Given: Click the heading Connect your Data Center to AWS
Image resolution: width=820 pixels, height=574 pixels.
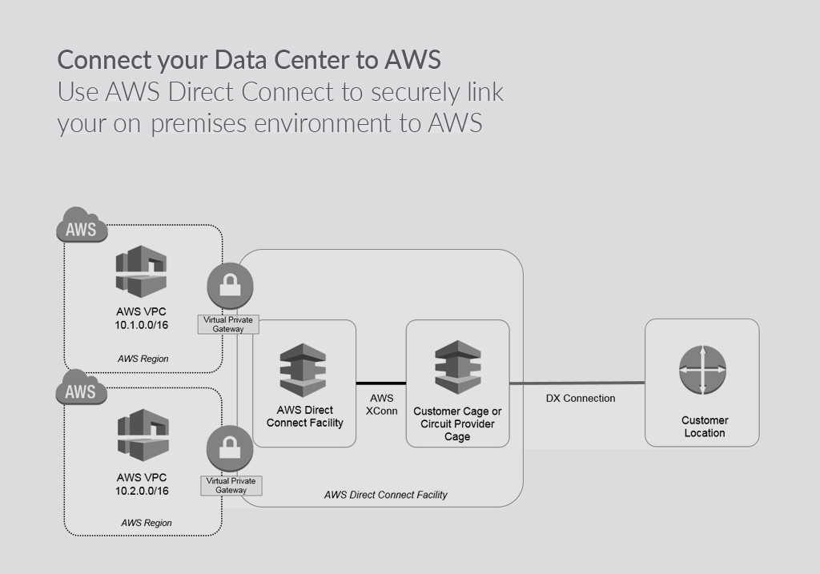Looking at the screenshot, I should [x=248, y=60].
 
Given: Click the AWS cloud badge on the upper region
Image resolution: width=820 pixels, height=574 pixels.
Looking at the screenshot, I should [x=82, y=228].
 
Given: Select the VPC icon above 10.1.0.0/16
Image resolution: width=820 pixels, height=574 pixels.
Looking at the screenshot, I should [x=140, y=272].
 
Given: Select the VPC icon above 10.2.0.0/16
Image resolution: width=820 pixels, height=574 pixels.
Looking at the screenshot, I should [x=140, y=435].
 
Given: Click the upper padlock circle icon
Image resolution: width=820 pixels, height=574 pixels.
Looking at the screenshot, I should [x=230, y=285].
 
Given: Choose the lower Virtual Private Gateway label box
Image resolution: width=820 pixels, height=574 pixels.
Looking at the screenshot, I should [x=231, y=485].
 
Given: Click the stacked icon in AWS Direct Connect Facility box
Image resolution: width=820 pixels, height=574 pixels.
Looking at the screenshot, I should [x=303, y=370].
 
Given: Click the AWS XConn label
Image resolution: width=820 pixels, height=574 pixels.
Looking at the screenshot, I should [x=381, y=404].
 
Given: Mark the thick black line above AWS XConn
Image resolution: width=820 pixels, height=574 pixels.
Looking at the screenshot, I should [x=381, y=383].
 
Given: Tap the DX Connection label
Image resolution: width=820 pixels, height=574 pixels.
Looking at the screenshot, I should [x=581, y=398].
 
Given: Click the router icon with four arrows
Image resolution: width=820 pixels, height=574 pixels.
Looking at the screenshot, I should [x=703, y=370].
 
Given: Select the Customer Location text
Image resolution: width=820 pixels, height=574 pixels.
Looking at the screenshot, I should [x=705, y=427].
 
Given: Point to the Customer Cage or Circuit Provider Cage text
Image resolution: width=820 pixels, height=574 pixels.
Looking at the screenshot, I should [x=457, y=423].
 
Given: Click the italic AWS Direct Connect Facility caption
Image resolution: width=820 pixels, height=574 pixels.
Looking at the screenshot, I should [x=385, y=495].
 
